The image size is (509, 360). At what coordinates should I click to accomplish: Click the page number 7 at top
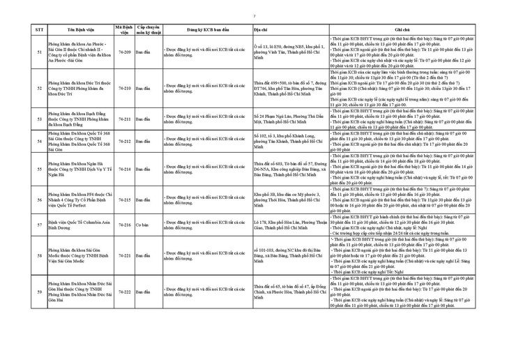(x=254, y=15)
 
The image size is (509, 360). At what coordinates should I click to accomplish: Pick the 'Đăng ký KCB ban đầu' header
(x=206, y=31)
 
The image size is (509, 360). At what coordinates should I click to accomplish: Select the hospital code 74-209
(x=125, y=52)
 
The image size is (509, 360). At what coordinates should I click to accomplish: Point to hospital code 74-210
(x=125, y=88)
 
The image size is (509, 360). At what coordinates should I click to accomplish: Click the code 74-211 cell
(x=125, y=119)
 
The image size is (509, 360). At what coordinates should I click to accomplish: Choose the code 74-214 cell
(x=125, y=169)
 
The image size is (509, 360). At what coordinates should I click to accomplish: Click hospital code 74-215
(x=125, y=200)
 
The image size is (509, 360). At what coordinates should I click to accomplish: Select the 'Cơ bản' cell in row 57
(x=142, y=225)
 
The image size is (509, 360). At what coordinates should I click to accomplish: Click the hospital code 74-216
(x=125, y=225)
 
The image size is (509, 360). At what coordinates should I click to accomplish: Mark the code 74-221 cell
(x=125, y=255)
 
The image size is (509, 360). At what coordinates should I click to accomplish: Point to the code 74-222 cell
(x=125, y=292)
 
